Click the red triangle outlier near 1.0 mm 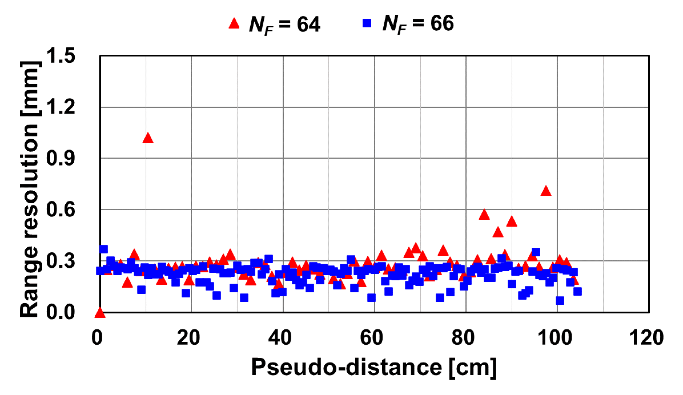click(x=148, y=138)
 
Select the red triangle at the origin click(x=100, y=313)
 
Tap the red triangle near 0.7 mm click(x=546, y=192)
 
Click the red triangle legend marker click(x=234, y=23)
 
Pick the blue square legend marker click(x=367, y=23)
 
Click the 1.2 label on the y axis click(x=61, y=107)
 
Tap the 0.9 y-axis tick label click(x=61, y=158)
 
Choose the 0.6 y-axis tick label click(x=61, y=209)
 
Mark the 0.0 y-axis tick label click(x=61, y=312)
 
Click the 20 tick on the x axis click(x=188, y=338)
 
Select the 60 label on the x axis click(x=371, y=338)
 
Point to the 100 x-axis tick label click(x=555, y=338)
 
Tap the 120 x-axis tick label click(x=646, y=338)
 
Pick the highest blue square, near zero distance click(x=104, y=249)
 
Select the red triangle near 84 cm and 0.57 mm click(x=484, y=215)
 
